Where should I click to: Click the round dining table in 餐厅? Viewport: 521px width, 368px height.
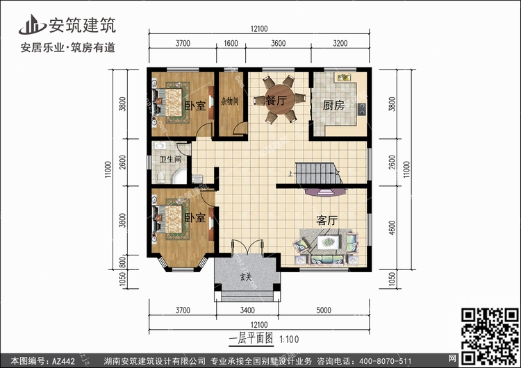coord(280,99)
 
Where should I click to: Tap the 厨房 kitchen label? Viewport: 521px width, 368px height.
coord(333,106)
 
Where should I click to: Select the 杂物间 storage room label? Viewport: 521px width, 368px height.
coord(230,101)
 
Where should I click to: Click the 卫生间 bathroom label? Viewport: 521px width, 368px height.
coord(170,160)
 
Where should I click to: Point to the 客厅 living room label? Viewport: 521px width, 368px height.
coord(327,220)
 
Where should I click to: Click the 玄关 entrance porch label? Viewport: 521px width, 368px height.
coord(246,276)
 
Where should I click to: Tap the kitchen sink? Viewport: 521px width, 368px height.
coord(345,78)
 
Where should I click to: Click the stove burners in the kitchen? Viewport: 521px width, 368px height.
coord(361,109)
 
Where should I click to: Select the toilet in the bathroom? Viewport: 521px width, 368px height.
coord(161,177)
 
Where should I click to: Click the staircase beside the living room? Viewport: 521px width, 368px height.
coord(318,173)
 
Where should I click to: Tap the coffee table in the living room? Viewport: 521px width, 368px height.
coord(328,242)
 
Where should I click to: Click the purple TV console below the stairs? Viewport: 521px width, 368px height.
coord(325,192)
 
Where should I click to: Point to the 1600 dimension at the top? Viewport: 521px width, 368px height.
coord(231,44)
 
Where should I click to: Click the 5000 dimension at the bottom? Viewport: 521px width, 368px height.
coord(324,310)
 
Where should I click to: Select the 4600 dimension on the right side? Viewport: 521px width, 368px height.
coord(392,228)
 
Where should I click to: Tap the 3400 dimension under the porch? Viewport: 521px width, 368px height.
coord(247,310)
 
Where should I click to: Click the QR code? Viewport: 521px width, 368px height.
coord(490,337)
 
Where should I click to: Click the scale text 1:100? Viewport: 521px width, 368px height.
coord(289,340)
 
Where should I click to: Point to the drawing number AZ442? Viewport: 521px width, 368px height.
coord(63,361)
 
